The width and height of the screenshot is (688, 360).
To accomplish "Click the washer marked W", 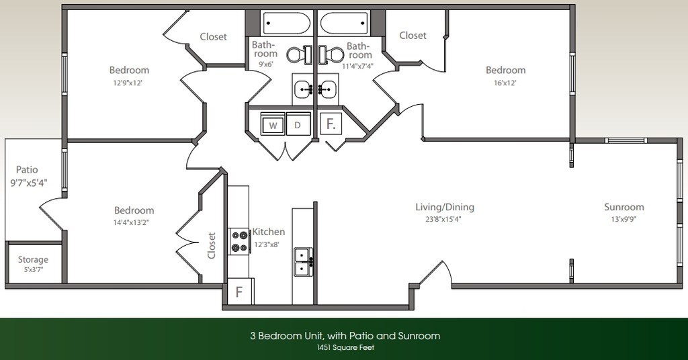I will [273, 125].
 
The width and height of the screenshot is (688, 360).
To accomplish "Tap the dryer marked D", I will [298, 125].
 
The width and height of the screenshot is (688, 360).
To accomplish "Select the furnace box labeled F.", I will [331, 124].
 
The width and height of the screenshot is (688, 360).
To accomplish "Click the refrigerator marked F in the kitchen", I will [239, 292].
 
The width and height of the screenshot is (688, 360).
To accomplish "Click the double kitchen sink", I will [303, 261].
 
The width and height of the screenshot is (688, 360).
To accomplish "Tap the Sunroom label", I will [623, 207].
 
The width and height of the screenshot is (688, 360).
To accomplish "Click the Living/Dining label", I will [444, 207].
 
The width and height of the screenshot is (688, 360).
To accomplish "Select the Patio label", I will [27, 170].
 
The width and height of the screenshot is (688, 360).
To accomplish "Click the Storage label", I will [33, 260].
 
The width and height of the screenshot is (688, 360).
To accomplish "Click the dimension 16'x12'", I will [505, 83].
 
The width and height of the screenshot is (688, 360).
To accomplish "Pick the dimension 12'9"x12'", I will [129, 83].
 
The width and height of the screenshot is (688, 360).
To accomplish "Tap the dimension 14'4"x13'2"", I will [134, 222].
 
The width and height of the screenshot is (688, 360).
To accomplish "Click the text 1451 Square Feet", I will [344, 347].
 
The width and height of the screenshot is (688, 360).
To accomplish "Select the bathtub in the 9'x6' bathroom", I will [286, 23].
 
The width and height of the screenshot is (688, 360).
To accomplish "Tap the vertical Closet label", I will [212, 246].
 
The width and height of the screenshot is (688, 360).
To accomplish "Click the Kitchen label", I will [269, 232].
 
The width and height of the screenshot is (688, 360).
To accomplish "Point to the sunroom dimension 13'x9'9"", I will [623, 219].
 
